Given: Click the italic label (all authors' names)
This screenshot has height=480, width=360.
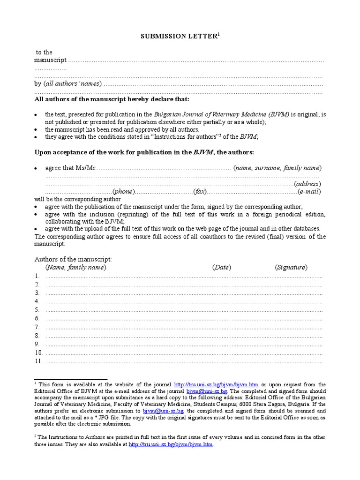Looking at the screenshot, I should tap(72, 84).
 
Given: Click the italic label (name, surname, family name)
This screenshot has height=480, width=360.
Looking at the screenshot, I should tap(277, 168).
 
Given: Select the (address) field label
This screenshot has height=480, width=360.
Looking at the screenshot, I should tap(307, 184).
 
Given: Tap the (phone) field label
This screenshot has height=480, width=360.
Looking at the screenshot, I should tap(124, 192).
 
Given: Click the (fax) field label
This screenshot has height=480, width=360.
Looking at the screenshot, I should tap(200, 192).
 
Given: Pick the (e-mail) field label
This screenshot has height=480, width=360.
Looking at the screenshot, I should tap(309, 192).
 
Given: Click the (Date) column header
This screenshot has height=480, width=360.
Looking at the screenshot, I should tap(221, 267).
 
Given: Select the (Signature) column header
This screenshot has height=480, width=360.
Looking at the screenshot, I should tap(291, 267).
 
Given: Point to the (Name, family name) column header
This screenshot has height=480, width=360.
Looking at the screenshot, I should tap(75, 267).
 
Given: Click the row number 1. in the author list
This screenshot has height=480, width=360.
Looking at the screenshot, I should tap(37, 276).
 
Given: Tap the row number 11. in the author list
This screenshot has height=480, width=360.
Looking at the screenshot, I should tap(38, 361).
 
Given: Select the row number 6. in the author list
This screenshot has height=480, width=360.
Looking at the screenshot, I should tap(37, 318).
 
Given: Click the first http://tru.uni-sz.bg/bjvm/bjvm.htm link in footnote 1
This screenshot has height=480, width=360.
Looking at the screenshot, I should tap(216, 384).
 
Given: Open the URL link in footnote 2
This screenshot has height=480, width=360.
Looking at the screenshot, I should tap(171, 444).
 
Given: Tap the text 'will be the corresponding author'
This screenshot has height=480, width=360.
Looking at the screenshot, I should tap(77, 199).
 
